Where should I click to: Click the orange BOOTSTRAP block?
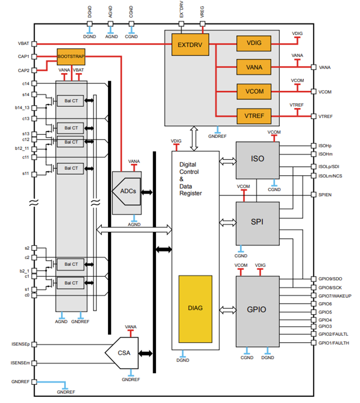coord(71,56)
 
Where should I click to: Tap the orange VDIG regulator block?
coord(254,43)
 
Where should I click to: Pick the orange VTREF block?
coord(254,116)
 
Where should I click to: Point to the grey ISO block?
coord(257,159)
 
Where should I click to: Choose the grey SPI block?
coord(257,222)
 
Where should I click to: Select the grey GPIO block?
coord(257,310)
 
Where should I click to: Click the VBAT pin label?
coord(23,43)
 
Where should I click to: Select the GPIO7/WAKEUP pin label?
coord(335,295)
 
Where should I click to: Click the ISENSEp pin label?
coord(20,344)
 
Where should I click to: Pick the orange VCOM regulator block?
coord(254,91)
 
